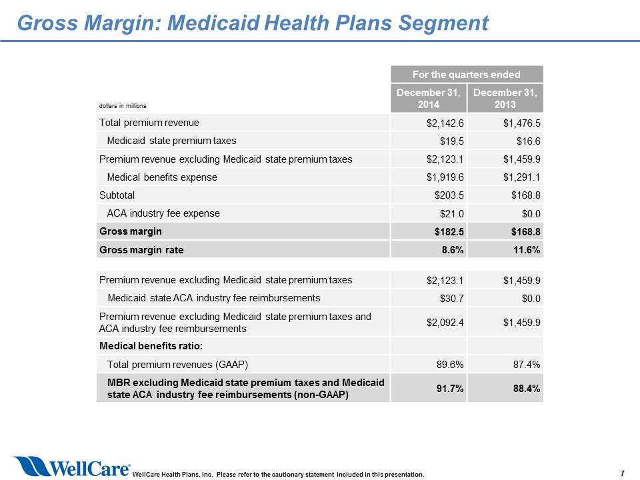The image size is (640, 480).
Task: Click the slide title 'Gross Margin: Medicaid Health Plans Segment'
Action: pyautogui.click(x=253, y=23)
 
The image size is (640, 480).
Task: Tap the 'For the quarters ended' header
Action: pyautogui.click(x=467, y=74)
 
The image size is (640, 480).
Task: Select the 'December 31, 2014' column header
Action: pyautogui.click(x=429, y=99)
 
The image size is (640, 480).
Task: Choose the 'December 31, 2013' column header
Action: pyautogui.click(x=505, y=99)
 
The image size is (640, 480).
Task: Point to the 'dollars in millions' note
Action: pyautogui.click(x=123, y=106)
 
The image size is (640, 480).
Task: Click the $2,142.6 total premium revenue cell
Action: pyautogui.click(x=445, y=123)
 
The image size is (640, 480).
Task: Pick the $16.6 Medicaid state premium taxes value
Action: pyautogui.click(x=528, y=141)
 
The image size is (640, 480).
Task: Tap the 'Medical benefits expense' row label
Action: pyautogui.click(x=162, y=177)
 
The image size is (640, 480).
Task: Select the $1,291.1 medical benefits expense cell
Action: pyautogui.click(x=521, y=177)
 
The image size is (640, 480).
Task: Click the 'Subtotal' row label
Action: pyautogui.click(x=117, y=195)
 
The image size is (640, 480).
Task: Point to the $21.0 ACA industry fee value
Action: pyautogui.click(x=451, y=213)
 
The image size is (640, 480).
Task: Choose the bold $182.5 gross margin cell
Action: pyautogui.click(x=449, y=232)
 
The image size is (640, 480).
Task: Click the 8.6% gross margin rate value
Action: pyautogui.click(x=453, y=250)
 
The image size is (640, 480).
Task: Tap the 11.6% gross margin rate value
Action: pyautogui.click(x=527, y=250)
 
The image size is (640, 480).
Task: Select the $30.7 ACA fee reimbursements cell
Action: pyautogui.click(x=451, y=299)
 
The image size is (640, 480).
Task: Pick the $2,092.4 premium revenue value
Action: pyautogui.click(x=445, y=323)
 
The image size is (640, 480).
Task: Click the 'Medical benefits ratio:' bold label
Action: pyautogui.click(x=151, y=346)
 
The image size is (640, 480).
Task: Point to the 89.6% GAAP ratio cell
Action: pyautogui.click(x=450, y=365)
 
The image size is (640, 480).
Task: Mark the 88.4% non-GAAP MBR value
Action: pyautogui.click(x=527, y=389)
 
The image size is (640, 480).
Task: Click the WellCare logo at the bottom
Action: pyautogui.click(x=72, y=466)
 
